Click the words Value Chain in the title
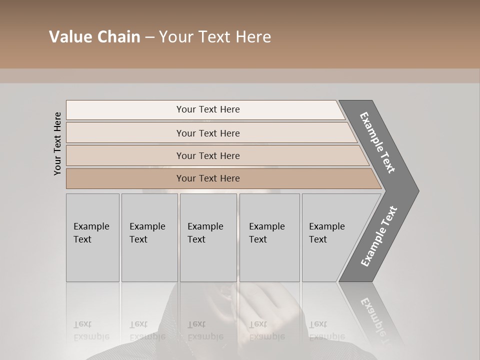[x=94, y=37]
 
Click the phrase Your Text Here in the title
[x=215, y=37]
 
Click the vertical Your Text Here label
[x=57, y=143]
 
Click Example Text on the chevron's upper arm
[x=377, y=142]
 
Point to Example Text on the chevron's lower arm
[x=379, y=236]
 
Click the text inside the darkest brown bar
[x=208, y=178]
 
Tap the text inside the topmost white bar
[x=208, y=109]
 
